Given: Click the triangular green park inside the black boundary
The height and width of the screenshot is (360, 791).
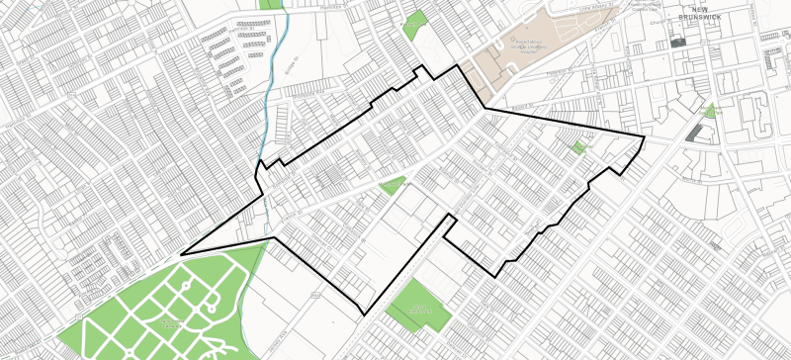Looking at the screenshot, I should point(393,184).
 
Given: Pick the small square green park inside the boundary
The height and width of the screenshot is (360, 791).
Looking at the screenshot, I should point(577,147).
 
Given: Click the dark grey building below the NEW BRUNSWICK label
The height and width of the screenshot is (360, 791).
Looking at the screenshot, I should point(677,43).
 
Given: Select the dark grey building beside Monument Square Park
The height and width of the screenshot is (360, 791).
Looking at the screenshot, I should point(696,133).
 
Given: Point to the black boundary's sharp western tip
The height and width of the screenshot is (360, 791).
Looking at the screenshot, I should point(181,254).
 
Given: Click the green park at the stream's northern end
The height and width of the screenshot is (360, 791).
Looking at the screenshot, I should point(269,4).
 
